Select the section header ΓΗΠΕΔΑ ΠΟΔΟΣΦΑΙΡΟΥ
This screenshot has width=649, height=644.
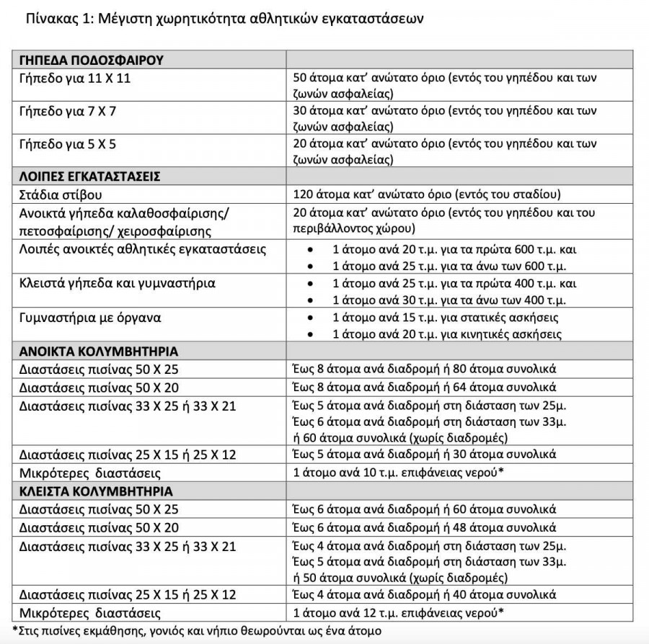click(92, 60)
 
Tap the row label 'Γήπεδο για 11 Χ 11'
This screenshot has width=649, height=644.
click(75, 78)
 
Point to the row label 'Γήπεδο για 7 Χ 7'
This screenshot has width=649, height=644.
click(69, 111)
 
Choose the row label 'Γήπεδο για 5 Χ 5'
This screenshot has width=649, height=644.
click(69, 144)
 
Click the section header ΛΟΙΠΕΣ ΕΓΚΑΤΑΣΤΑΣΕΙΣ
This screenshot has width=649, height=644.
click(90, 176)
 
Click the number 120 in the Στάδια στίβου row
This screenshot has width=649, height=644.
click(304, 194)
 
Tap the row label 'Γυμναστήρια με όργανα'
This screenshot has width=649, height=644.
click(90, 317)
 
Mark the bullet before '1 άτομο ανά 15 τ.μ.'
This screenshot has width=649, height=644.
click(310, 318)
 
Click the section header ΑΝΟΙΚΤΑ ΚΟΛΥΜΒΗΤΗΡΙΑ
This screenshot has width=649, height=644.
click(99, 351)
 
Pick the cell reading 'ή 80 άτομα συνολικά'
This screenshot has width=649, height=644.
click(505, 369)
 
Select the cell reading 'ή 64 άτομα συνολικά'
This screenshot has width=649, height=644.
click(505, 387)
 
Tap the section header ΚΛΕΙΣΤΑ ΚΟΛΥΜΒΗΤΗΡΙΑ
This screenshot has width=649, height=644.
click(97, 491)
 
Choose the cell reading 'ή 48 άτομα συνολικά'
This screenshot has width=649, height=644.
click(505, 527)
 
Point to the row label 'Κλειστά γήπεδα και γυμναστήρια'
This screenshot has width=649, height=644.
click(118, 283)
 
